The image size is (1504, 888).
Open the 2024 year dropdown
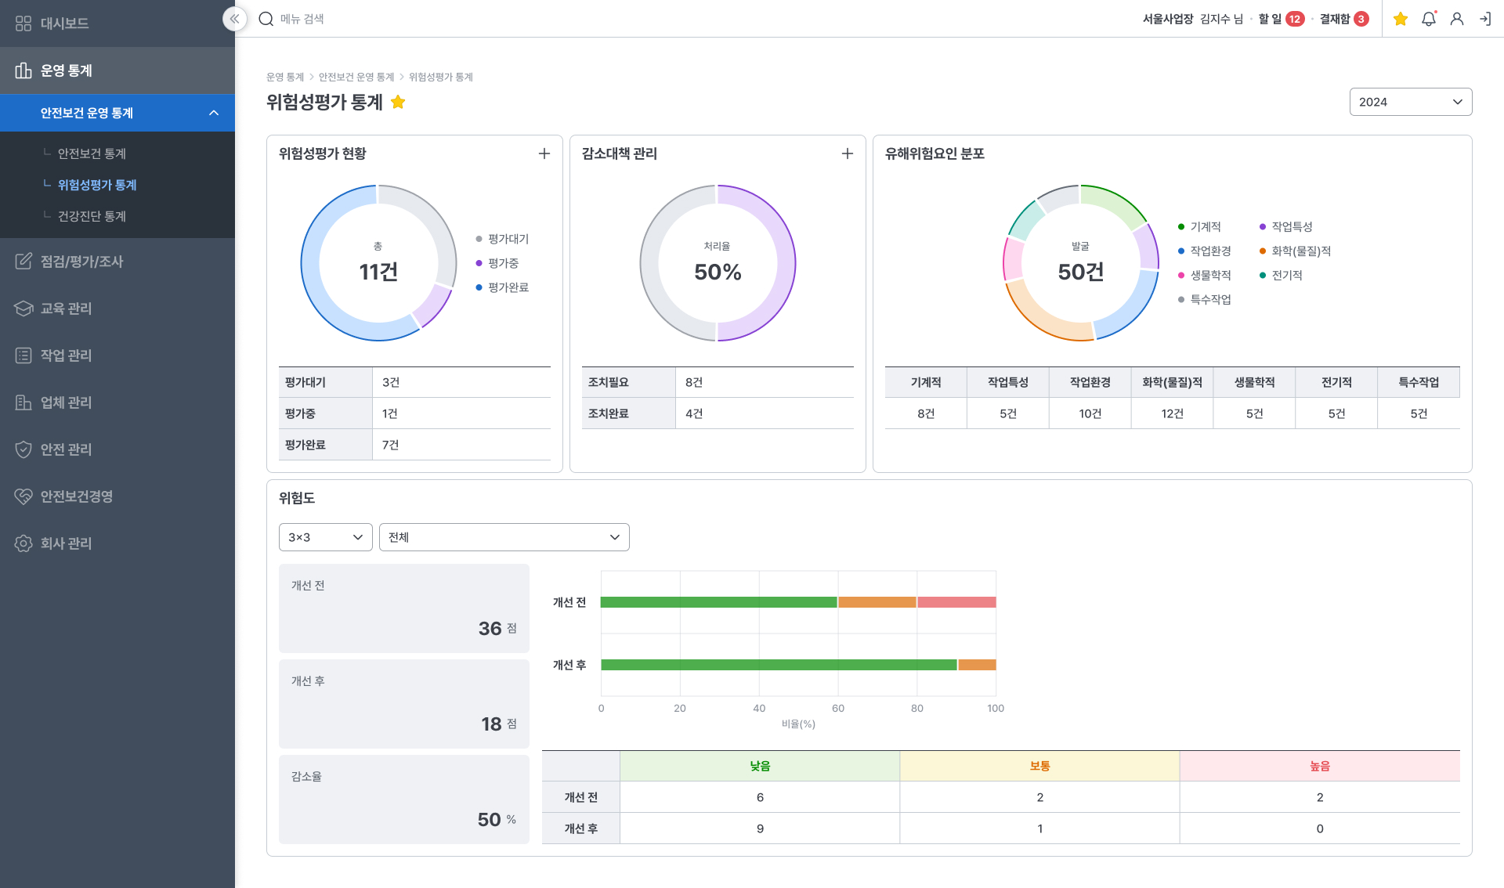[x=1410, y=102]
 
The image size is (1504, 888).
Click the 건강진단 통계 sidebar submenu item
[x=92, y=216]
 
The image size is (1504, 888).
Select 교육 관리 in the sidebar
[x=66, y=309]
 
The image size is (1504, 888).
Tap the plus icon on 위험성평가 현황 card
[x=544, y=153]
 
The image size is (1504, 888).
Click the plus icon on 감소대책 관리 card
[x=848, y=153]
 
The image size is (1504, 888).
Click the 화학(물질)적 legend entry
[x=1295, y=251]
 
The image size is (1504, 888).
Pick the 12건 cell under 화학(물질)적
[x=1172, y=413]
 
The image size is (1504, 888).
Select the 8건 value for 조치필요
[x=694, y=382]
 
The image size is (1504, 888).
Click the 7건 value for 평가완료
[x=390, y=445]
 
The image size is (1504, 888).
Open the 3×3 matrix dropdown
[x=325, y=537]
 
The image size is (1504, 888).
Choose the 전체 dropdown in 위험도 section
[x=504, y=537]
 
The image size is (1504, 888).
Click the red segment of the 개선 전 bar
[x=956, y=602]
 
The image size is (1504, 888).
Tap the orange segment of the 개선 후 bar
[x=977, y=665]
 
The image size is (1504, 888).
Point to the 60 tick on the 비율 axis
[x=838, y=708]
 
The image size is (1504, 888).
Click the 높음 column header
[x=1319, y=766]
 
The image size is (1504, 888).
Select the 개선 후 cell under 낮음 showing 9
[x=759, y=828]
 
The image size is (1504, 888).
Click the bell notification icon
[x=1429, y=19]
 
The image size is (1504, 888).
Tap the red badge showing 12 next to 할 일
[x=1295, y=19]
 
